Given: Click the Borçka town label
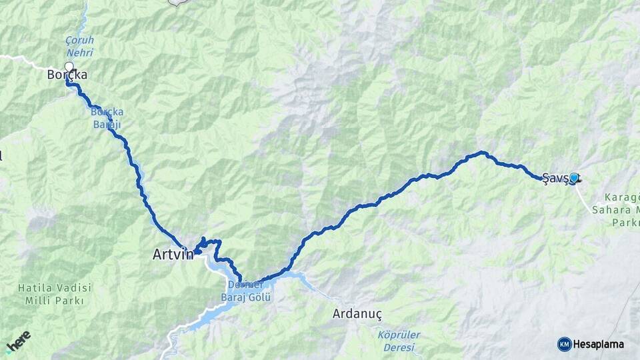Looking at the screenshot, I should pos(67,75).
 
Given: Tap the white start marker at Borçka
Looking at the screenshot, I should pos(69,67).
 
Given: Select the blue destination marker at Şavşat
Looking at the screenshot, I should pos(573,177).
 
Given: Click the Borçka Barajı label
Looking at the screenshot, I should pos(107,117).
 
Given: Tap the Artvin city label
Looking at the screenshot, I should pos(173,254).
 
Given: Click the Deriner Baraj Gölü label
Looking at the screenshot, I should pos(247,291).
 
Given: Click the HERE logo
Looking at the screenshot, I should pos(19,341).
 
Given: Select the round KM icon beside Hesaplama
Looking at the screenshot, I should pos(564,344).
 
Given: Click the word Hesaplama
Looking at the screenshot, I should pos(599,344).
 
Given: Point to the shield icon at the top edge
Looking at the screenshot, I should pos(177,2).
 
